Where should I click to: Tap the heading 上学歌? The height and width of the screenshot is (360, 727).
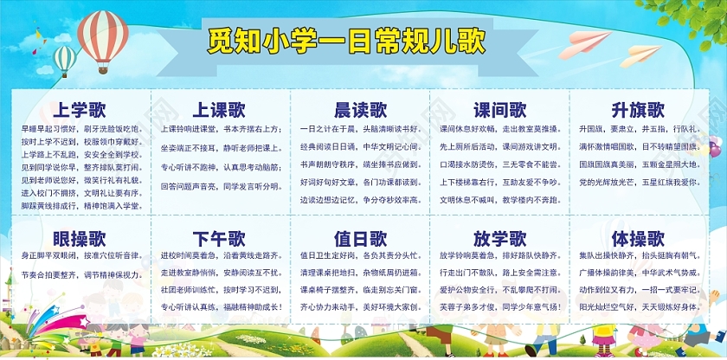click(80, 110)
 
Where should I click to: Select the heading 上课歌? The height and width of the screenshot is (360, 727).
click(219, 110)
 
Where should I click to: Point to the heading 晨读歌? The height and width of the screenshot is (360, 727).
click(360, 110)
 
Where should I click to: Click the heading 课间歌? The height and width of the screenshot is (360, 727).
click(499, 110)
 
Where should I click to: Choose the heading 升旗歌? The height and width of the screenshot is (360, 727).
click(638, 110)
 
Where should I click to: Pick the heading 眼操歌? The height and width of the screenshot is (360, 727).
click(80, 239)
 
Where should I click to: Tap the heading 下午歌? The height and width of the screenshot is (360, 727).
click(219, 239)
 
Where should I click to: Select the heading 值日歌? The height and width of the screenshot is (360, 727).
click(360, 239)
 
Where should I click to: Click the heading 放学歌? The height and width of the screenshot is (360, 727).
click(499, 239)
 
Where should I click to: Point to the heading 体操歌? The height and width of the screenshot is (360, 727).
click(638, 239)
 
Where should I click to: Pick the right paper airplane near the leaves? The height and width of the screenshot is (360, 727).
click(637, 57)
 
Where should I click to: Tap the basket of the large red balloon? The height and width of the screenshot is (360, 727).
click(103, 69)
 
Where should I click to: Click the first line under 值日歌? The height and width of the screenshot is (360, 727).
click(359, 256)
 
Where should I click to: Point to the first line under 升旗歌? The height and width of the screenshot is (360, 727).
click(639, 128)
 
